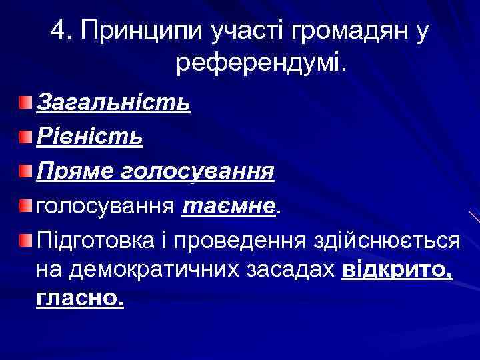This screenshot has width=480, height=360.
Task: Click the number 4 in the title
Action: [57, 31]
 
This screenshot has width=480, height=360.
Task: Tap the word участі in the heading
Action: [236, 31]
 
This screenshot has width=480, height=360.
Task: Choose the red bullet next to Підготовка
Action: [25, 240]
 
